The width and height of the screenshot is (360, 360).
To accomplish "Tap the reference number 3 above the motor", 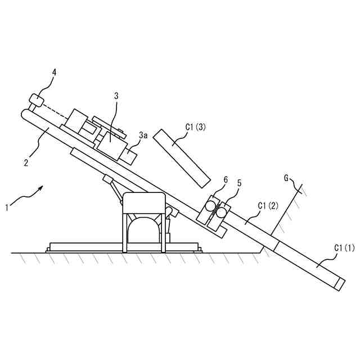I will pyautogui.click(x=116, y=96).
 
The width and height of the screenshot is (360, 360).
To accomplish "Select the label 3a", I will pyautogui.click(x=144, y=135).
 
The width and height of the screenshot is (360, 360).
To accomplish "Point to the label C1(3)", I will pyautogui.click(x=195, y=127).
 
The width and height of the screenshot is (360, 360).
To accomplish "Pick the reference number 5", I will pyautogui.click(x=240, y=183).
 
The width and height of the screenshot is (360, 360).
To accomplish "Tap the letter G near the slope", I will pyautogui.click(x=286, y=178).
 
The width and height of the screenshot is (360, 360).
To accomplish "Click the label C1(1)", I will pyautogui.click(x=345, y=247).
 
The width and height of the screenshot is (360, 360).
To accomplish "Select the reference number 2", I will pyautogui.click(x=26, y=163).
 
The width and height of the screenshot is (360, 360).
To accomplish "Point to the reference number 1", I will pyautogui.click(x=7, y=208).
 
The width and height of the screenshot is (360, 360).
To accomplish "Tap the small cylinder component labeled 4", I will pyautogui.click(x=36, y=100).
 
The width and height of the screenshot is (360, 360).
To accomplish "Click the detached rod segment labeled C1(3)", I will pyautogui.click(x=181, y=157).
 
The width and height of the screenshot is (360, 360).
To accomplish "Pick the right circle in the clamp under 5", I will pyautogui.click(x=223, y=211).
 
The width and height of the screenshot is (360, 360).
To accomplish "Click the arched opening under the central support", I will pyautogui.click(x=144, y=231).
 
